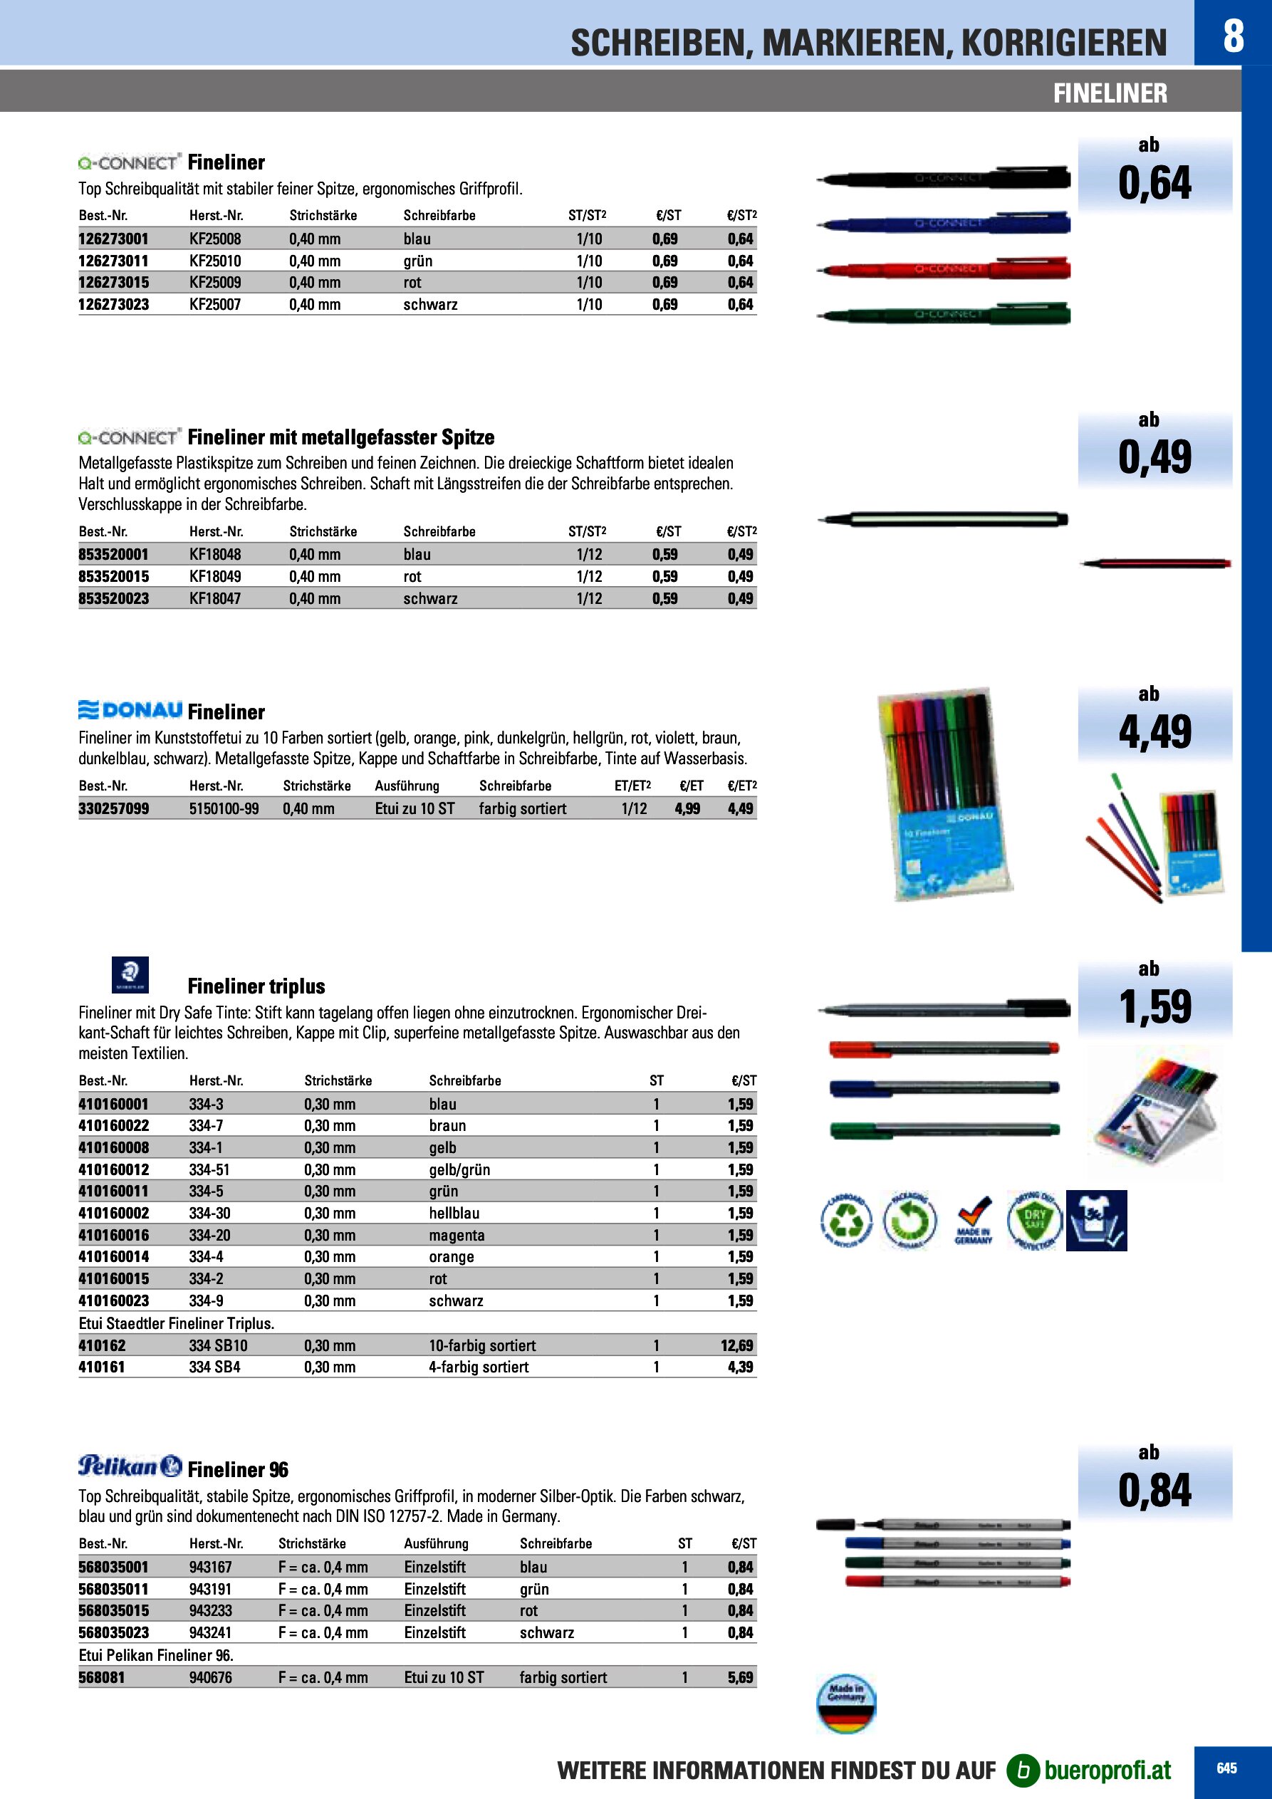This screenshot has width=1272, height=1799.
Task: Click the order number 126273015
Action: coord(114,282)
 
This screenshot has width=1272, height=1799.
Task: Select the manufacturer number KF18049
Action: coord(215,576)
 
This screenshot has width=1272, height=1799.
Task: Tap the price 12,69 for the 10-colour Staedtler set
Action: coord(736,1345)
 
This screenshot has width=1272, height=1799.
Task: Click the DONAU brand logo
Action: coord(131,710)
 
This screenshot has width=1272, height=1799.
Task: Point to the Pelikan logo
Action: coord(130,1466)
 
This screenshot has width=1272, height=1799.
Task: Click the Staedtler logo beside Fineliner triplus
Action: coord(130,975)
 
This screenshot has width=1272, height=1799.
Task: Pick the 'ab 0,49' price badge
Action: coord(1154,448)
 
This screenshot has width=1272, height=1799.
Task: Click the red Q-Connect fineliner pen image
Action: coord(944,269)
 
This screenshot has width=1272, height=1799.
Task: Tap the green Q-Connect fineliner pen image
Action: coord(944,315)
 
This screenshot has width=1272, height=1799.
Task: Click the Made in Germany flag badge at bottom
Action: coord(845,1704)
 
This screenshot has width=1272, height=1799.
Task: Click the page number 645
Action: coord(1226,1768)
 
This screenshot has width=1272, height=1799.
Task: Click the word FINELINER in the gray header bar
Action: coord(1110,93)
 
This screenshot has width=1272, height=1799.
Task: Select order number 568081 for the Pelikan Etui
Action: coord(102,1677)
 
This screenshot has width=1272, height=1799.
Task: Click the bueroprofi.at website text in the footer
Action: coord(1107,1770)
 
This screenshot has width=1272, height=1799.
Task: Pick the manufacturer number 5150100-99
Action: coord(224,808)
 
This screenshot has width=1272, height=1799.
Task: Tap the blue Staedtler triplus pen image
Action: coord(944,1088)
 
